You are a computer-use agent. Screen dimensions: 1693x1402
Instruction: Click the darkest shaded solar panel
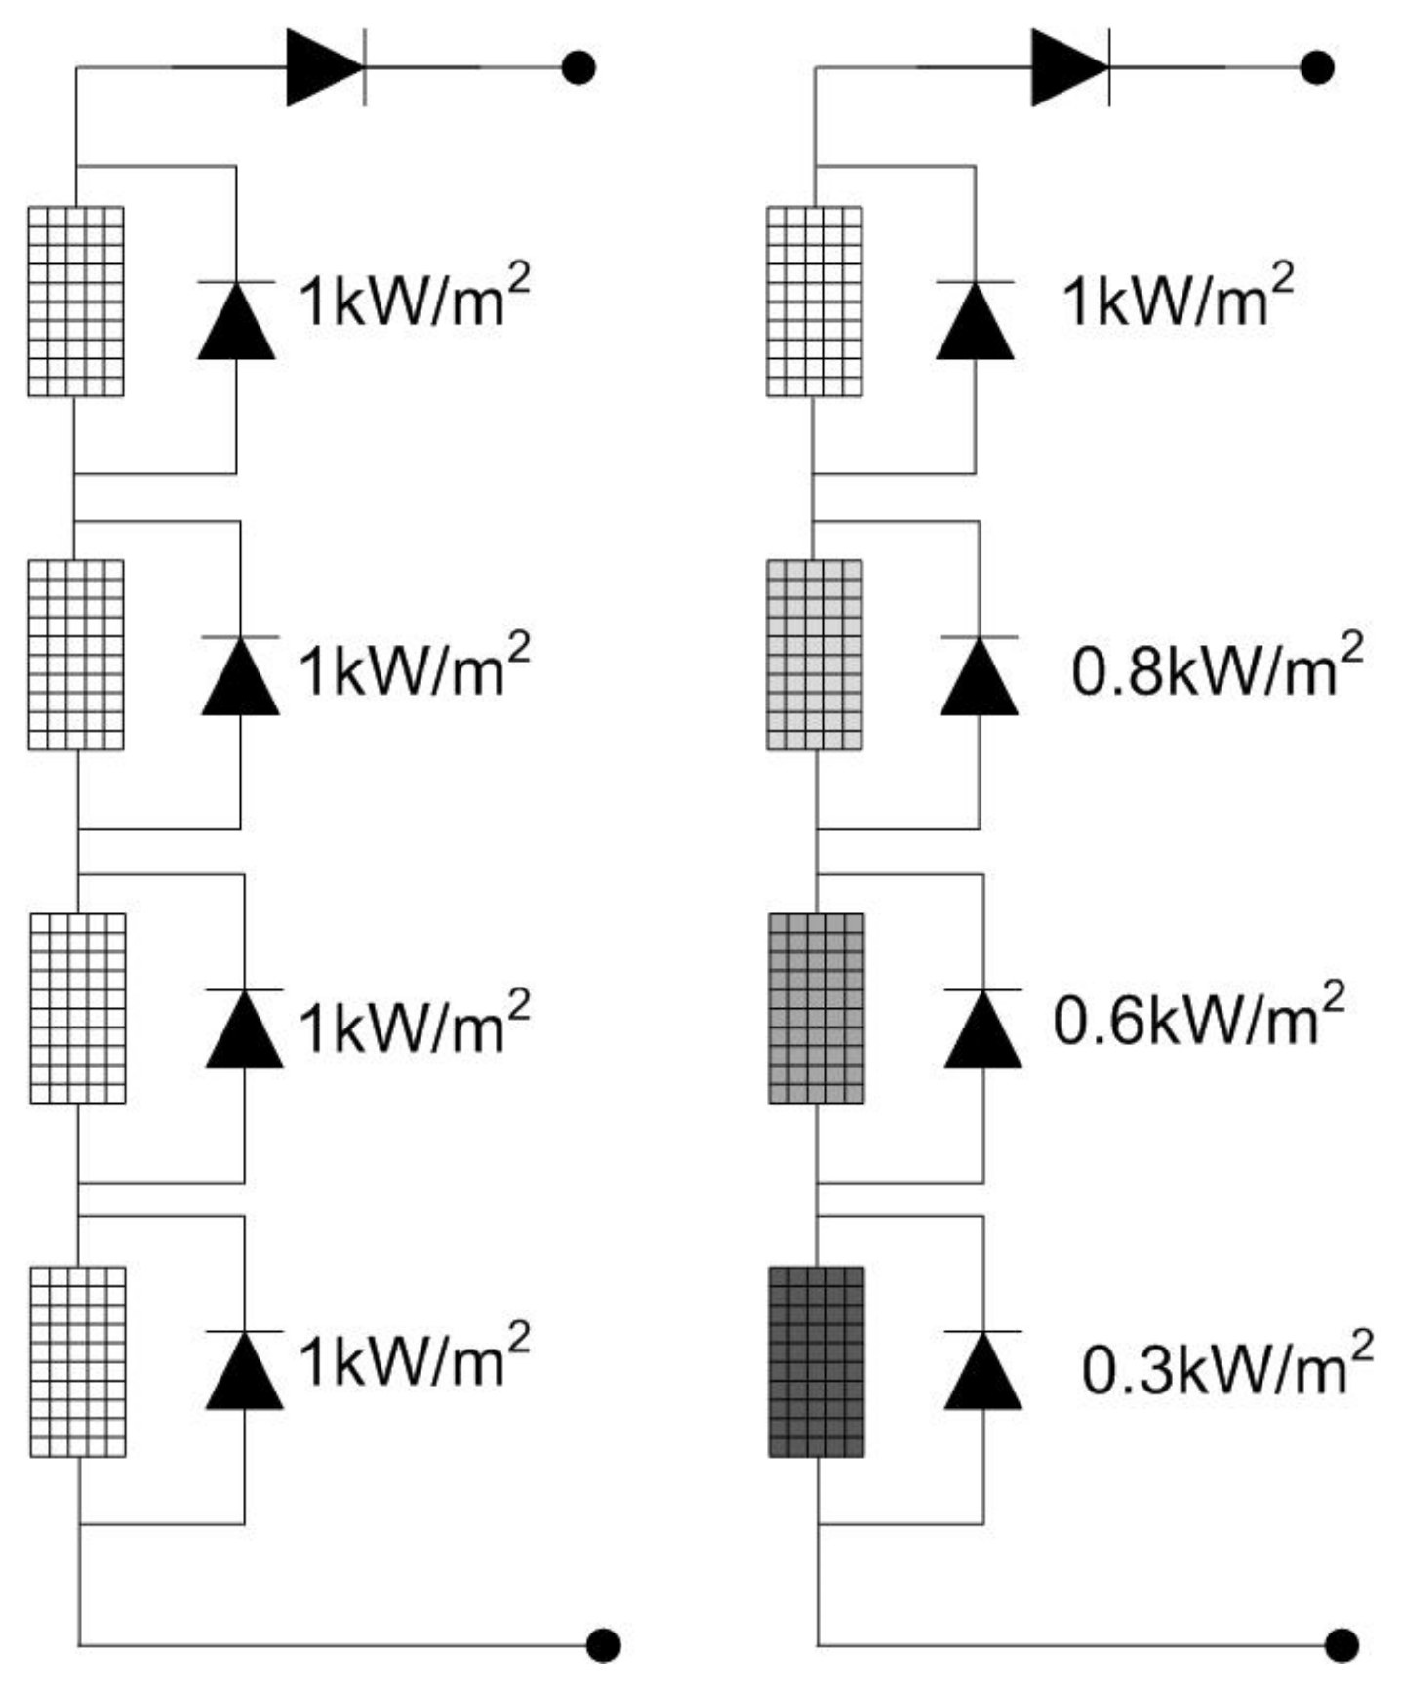[x=816, y=1361]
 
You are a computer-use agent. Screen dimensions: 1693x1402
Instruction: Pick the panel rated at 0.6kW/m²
[x=816, y=1008]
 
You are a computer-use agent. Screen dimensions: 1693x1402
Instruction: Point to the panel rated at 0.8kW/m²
[x=814, y=655]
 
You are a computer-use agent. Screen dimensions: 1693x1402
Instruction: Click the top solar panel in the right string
[x=814, y=302]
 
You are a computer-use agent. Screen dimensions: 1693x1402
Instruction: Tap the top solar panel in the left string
[x=76, y=302]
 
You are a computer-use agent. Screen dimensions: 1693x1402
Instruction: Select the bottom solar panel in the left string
[x=78, y=1361]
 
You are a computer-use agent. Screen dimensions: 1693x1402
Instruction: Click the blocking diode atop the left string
[x=326, y=67]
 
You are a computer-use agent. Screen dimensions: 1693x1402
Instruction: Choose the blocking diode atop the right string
[x=1070, y=67]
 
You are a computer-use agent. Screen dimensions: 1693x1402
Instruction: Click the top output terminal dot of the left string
[x=580, y=67]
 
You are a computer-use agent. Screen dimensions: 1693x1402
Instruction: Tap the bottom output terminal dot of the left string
[x=603, y=1645]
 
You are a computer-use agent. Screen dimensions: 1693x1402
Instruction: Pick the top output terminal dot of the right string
[x=1318, y=67]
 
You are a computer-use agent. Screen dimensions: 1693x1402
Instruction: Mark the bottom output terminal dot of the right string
[x=1342, y=1645]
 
